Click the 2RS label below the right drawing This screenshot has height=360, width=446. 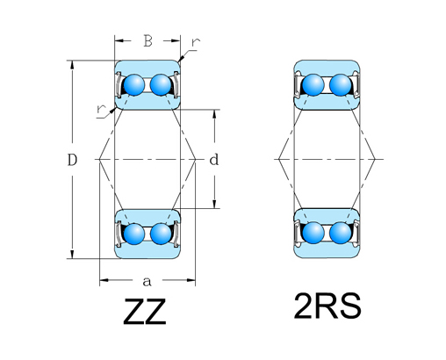tap(327, 307)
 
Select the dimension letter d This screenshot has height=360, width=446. tap(213, 160)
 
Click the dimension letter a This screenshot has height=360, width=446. tap(147, 281)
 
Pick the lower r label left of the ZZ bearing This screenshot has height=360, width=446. tap(104, 108)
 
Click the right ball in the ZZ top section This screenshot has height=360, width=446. tap(160, 85)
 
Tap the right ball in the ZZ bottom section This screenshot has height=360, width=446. tap(160, 234)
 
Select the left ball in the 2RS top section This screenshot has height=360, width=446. tap(313, 85)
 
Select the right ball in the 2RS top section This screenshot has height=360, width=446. tap(340, 85)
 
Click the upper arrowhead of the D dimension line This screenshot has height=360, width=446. tap(72, 64)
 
